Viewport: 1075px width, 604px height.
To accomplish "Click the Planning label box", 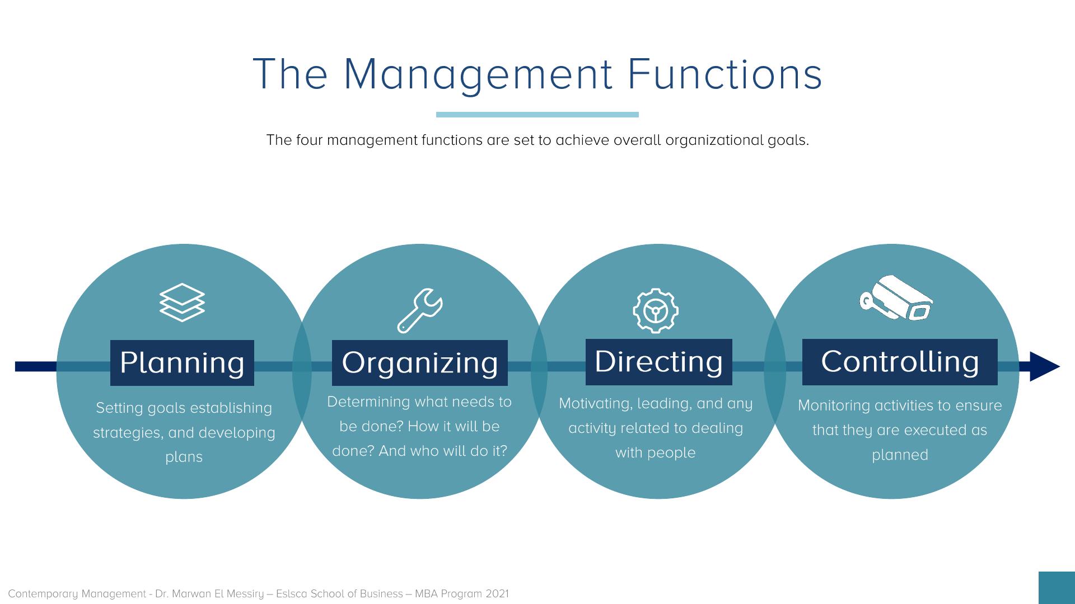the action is (x=182, y=363).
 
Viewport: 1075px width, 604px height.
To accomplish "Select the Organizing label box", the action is (x=420, y=363).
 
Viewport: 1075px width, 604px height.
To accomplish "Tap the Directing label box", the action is (x=659, y=362).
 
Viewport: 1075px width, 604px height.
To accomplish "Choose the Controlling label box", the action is (x=900, y=362).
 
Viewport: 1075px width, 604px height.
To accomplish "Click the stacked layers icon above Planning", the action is (x=182, y=303).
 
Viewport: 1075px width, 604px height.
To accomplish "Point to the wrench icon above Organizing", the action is (x=420, y=311).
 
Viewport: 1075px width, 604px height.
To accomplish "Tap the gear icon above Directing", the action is (x=656, y=311).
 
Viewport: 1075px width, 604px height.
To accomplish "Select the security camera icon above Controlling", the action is (x=896, y=298).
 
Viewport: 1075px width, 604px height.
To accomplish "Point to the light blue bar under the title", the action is (x=537, y=115).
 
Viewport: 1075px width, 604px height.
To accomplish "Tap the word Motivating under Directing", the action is (x=594, y=404).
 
